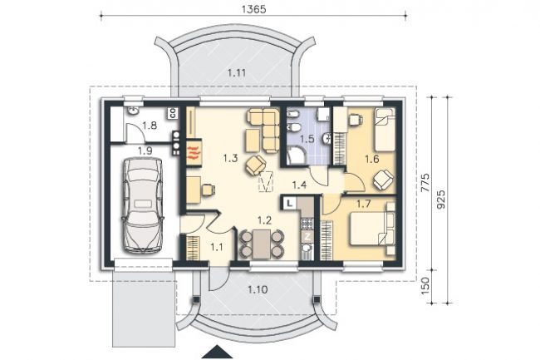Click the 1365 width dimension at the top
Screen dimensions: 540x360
254,9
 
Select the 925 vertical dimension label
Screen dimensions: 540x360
441,200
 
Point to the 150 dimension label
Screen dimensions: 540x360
426,285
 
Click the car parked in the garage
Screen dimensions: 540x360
142,205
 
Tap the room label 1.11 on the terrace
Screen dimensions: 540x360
237,73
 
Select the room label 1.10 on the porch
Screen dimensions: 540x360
258,289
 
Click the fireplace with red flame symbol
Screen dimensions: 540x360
194,152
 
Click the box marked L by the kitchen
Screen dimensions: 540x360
290,203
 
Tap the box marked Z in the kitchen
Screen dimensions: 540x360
307,237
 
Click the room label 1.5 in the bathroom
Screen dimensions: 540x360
307,140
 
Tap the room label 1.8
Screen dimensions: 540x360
150,126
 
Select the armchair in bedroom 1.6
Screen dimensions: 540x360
383,180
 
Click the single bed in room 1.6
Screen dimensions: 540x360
385,130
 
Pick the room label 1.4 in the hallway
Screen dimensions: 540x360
299,185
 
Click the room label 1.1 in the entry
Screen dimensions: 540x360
217,247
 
